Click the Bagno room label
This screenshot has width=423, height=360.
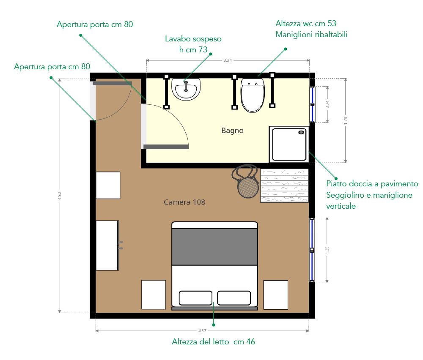click(x=232, y=131)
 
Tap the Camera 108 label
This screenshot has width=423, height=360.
click(x=184, y=202)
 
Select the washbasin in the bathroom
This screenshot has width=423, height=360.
click(x=186, y=89)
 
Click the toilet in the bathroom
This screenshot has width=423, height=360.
click(x=253, y=95)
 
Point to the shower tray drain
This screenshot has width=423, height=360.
click(x=301, y=132)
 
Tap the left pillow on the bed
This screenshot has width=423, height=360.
click(x=195, y=298)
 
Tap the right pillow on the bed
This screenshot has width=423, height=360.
click(x=234, y=298)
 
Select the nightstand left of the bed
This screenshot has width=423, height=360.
click(x=154, y=295)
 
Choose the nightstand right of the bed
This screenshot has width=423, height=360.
click(x=276, y=295)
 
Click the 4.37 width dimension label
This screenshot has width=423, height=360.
click(x=202, y=330)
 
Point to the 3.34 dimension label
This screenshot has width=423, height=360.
click(x=228, y=60)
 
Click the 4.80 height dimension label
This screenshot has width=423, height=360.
click(x=60, y=196)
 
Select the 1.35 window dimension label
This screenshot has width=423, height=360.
click(x=327, y=250)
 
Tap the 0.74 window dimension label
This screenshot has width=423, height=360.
click(x=327, y=104)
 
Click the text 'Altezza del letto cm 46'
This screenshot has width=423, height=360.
click(x=213, y=342)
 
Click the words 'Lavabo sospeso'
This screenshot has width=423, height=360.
click(x=193, y=39)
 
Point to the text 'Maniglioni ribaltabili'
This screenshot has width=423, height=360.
click(x=312, y=35)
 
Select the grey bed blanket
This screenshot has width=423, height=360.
click(x=214, y=247)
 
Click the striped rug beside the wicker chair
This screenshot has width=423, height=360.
click(x=284, y=185)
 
